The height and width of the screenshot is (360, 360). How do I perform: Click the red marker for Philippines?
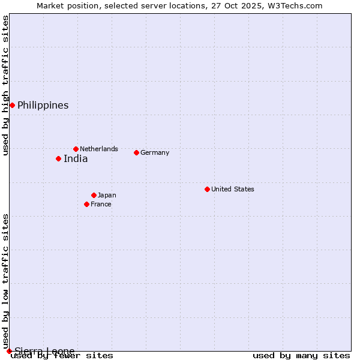coord(12,106)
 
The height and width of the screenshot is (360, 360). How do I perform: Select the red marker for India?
coord(58,159)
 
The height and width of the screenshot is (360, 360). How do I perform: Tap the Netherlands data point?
coord(76,149)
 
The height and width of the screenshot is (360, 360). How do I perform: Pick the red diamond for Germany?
coord(136,152)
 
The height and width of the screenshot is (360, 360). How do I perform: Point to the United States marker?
coord(207,189)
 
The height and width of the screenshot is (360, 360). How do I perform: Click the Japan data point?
coord(94,195)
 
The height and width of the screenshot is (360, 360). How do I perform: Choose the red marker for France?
coord(86,204)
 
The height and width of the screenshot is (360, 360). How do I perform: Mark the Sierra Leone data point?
coord(9,351)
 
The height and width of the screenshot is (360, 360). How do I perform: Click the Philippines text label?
coord(43,106)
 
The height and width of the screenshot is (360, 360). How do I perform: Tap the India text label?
coord(76,159)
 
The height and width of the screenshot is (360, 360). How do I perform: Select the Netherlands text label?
coord(99,149)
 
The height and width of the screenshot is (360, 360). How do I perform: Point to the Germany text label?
coord(155,152)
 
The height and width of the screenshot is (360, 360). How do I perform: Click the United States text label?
coord(233,189)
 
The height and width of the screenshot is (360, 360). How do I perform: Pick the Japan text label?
coord(107,195)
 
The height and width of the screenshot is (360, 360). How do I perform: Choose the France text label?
coord(101,204)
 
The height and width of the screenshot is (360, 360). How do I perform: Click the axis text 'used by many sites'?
coord(301,356)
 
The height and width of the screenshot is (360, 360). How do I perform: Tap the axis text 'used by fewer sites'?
coord(62,356)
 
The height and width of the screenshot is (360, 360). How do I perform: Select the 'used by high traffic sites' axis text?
coord(6,85)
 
